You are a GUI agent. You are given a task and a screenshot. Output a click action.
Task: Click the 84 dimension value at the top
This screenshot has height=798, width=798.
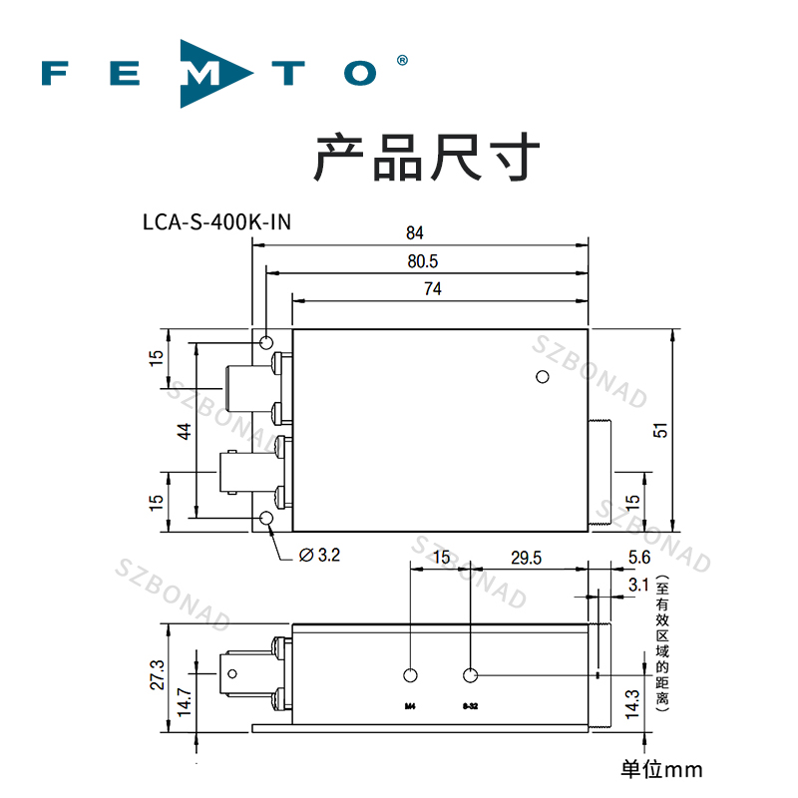415,233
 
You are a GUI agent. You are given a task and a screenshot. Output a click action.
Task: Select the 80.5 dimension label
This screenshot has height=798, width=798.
424,261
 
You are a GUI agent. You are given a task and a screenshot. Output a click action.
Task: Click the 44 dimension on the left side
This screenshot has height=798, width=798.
184,431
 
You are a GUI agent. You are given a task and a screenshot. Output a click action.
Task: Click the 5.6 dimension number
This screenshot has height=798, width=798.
639,559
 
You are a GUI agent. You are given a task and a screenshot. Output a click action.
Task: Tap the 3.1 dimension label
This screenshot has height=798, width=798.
639,583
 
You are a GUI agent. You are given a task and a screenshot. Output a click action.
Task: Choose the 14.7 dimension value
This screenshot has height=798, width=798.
184,701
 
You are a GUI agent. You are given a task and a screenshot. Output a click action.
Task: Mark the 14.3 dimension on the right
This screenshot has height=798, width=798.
629,703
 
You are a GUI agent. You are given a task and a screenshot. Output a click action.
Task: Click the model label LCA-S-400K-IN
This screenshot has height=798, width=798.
216,221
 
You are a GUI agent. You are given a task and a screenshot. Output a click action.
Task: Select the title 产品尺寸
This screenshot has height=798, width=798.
428,160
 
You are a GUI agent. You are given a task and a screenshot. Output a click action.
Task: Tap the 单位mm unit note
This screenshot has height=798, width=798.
661,769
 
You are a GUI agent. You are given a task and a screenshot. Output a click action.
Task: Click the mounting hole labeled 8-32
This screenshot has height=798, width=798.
471,676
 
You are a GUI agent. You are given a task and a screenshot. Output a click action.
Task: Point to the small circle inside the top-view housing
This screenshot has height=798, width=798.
543,377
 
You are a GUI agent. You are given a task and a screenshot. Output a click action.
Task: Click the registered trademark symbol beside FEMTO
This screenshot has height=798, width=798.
402,60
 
